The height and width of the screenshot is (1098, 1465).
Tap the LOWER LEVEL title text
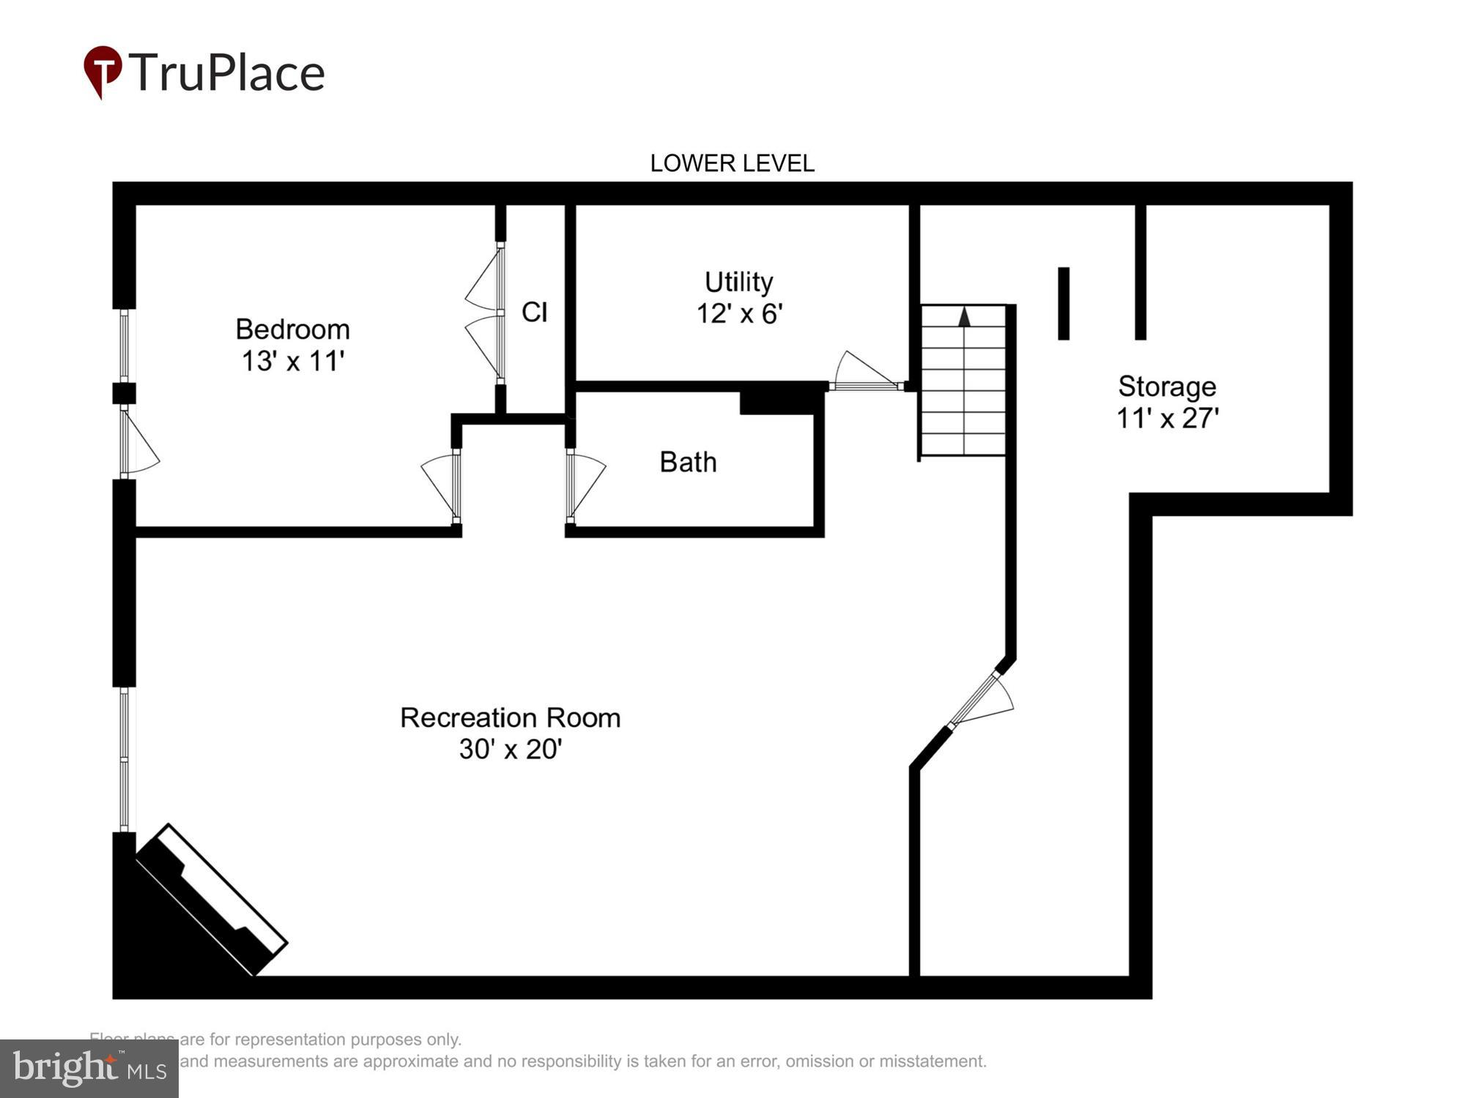(x=732, y=163)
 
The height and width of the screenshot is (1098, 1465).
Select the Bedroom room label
(x=292, y=329)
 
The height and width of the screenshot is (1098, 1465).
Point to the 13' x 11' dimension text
(x=292, y=361)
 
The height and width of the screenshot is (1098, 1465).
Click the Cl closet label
(x=534, y=313)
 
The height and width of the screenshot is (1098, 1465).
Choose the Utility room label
(x=738, y=282)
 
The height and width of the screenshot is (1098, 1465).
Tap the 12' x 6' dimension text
(x=738, y=314)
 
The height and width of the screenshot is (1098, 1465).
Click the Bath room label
(x=688, y=462)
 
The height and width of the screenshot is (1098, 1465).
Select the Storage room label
(x=1167, y=386)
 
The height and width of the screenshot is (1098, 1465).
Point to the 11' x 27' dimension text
(x=1167, y=419)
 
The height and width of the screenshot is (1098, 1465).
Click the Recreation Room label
(x=510, y=718)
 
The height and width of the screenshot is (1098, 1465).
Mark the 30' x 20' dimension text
(x=510, y=750)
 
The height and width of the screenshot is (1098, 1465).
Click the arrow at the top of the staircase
(x=964, y=317)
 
